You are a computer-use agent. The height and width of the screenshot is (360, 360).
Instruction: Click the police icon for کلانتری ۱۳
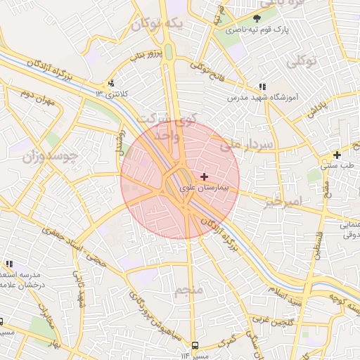point(110,83)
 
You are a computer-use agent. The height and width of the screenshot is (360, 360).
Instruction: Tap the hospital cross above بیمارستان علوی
point(204,176)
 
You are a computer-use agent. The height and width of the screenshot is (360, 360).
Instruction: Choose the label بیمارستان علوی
point(204,188)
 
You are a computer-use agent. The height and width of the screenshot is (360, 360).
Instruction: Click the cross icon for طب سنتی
point(337,155)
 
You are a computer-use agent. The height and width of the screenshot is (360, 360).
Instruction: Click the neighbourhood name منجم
point(188,290)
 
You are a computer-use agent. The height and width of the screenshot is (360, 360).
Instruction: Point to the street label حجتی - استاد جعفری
point(76,238)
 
